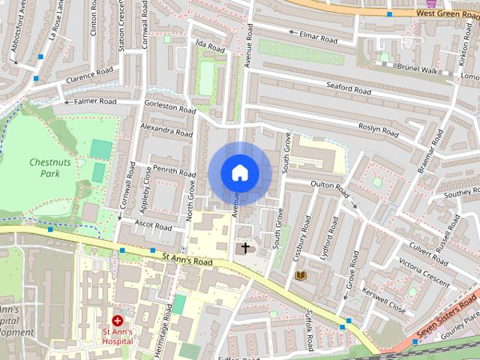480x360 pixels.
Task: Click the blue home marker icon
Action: point(239,172)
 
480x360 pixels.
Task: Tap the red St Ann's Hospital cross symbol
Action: point(118,320)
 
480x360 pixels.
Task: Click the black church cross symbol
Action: point(244,247)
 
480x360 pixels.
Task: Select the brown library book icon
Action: point(301,276)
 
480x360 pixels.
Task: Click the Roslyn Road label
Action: point(378,129)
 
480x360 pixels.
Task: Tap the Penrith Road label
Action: point(174,172)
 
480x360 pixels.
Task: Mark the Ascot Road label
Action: point(153,225)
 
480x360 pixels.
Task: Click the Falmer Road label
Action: point(94,101)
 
